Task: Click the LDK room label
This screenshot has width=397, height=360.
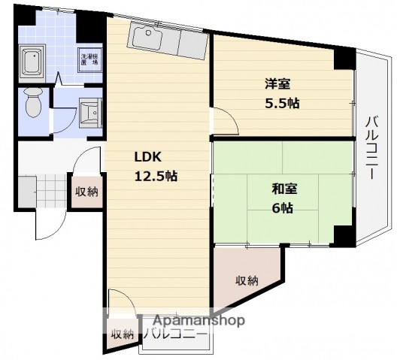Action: pos(147,158)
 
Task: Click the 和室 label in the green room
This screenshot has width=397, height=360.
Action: pos(283,189)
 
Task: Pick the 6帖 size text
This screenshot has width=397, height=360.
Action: pos(283,208)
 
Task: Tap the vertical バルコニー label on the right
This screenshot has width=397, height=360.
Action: pos(371,147)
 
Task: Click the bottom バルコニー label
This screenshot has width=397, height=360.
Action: pos(174,334)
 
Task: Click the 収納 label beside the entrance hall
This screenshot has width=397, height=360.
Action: pos(86,191)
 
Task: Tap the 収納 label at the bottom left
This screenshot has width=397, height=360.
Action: pos(123,335)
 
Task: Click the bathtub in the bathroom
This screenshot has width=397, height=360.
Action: pos(33,64)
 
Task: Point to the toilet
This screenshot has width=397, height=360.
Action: pos(33,104)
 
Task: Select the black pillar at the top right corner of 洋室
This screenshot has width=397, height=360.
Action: pos(343,57)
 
